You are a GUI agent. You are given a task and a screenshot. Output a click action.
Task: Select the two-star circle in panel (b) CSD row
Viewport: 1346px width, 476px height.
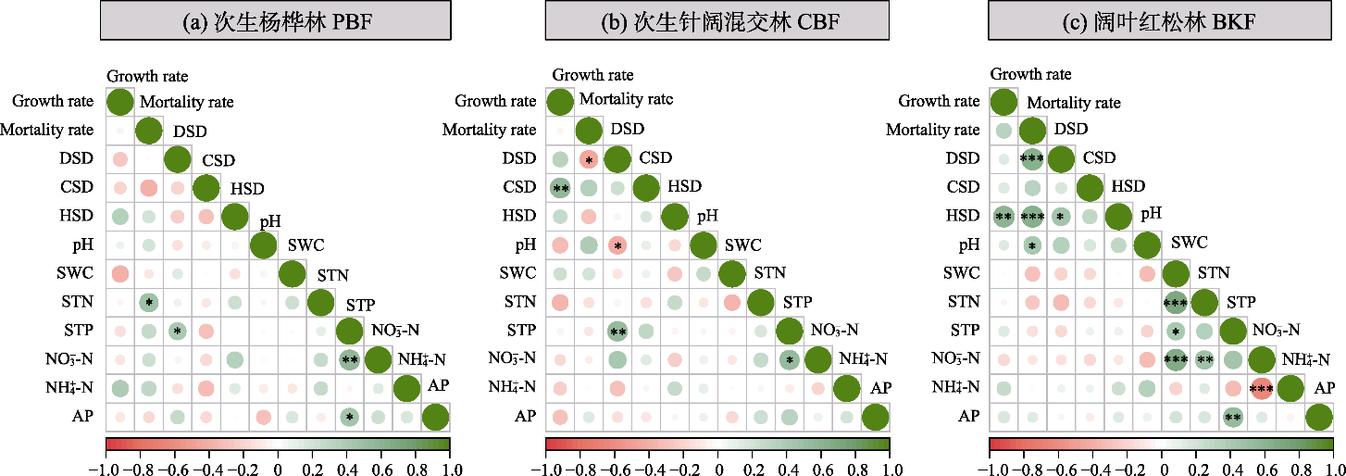click(560, 188)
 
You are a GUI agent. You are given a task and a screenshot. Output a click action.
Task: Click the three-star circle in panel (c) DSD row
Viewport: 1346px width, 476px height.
click(1031, 159)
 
